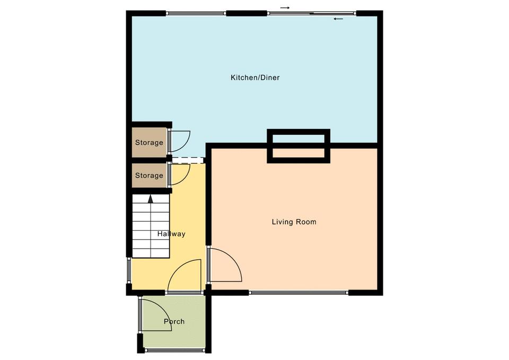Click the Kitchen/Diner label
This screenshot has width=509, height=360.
255,77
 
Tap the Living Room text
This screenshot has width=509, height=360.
294,222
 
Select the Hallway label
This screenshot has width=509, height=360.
171,234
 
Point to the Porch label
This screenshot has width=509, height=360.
174,321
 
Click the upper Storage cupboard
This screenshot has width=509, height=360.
150,143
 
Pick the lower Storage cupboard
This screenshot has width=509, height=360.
150,175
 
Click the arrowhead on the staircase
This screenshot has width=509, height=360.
150,198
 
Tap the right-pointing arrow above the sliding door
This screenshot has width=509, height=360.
285,7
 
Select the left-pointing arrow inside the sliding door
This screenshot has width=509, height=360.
338,19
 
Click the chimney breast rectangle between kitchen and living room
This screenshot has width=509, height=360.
299,146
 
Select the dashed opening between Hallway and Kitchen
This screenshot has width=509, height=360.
188,160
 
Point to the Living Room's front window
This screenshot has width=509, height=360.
299,293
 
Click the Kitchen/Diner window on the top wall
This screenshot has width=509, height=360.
196,13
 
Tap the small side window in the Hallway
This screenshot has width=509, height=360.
129,271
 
